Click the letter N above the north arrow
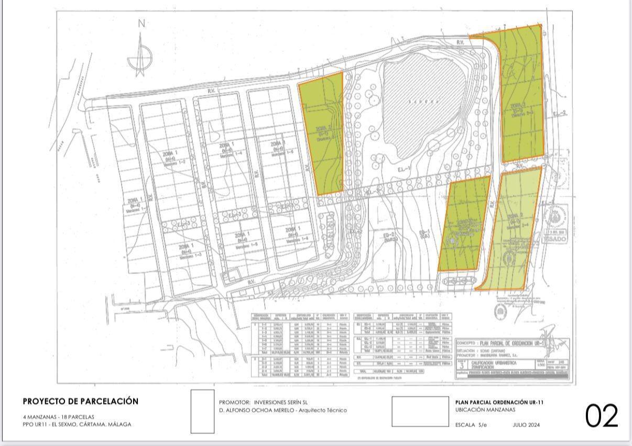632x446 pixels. point(140,23)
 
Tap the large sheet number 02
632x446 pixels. point(602,415)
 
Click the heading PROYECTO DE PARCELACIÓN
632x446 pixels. point(81,402)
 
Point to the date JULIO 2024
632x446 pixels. point(526,425)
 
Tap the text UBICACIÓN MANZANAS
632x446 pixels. point(485,410)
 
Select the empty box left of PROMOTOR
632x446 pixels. point(202,411)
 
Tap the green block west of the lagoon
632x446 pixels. point(322,131)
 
